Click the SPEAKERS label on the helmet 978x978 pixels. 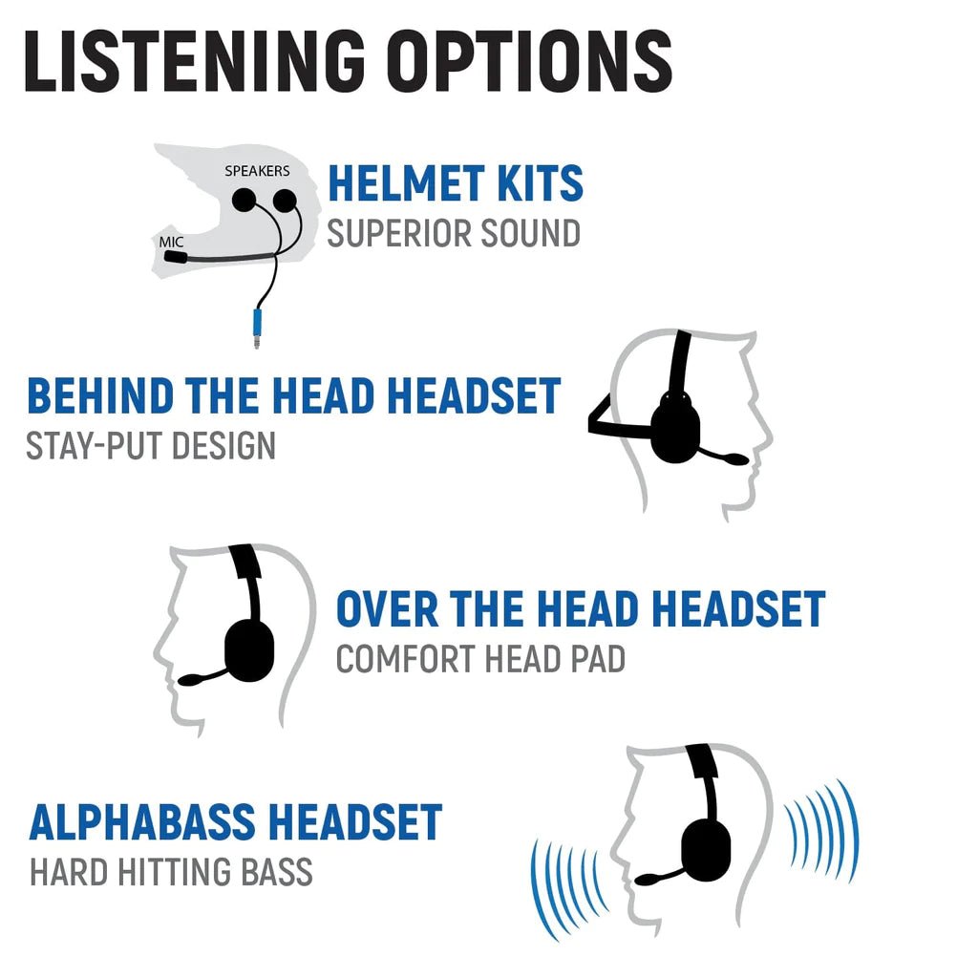256,171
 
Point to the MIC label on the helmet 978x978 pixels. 171,243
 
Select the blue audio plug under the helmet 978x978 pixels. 257,321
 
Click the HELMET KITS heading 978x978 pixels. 455,184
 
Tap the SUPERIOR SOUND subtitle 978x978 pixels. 453,233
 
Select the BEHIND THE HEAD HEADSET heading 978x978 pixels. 293,396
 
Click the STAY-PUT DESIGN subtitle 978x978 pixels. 151,445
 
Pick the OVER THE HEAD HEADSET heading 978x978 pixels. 580,609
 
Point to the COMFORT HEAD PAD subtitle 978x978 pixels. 480,659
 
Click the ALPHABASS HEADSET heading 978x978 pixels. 236,822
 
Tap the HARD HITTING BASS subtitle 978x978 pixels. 171,872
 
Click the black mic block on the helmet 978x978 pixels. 174,257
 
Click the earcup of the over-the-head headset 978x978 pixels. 249,649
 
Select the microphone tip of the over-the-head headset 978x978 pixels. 189,680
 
